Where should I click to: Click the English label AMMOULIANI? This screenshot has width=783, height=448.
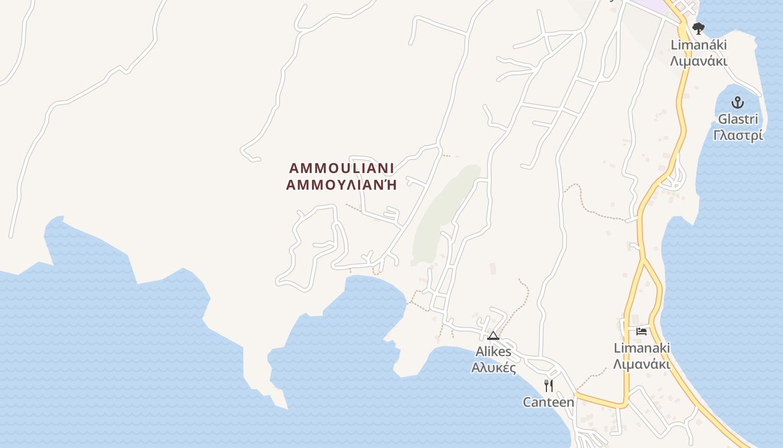(x=341, y=168)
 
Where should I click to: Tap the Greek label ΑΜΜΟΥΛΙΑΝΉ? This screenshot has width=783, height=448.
(x=341, y=185)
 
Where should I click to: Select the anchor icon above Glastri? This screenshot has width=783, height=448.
(x=738, y=102)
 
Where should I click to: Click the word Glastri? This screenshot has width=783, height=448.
(x=738, y=119)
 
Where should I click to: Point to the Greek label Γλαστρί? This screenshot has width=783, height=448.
(x=738, y=136)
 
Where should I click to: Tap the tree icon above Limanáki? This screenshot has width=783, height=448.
(x=698, y=28)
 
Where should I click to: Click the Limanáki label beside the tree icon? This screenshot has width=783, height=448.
(x=699, y=44)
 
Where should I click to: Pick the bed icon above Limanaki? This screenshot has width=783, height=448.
(x=642, y=332)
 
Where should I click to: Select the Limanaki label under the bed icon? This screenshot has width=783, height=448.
(x=642, y=348)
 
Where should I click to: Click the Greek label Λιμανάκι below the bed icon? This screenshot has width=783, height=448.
(x=642, y=364)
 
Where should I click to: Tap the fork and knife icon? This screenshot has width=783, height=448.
(x=549, y=385)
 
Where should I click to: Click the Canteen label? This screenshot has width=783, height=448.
(x=548, y=402)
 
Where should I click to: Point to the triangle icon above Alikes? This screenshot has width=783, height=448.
(x=493, y=335)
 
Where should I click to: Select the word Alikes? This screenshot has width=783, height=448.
(x=493, y=352)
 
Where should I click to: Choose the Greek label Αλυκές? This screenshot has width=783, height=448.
(x=493, y=368)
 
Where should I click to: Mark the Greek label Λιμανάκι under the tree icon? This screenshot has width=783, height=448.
(x=699, y=60)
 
